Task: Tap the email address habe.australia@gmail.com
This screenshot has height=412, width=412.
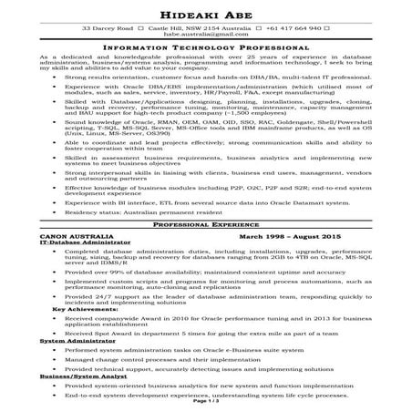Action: tap(205, 36)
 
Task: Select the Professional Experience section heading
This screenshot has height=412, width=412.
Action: tap(205, 222)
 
